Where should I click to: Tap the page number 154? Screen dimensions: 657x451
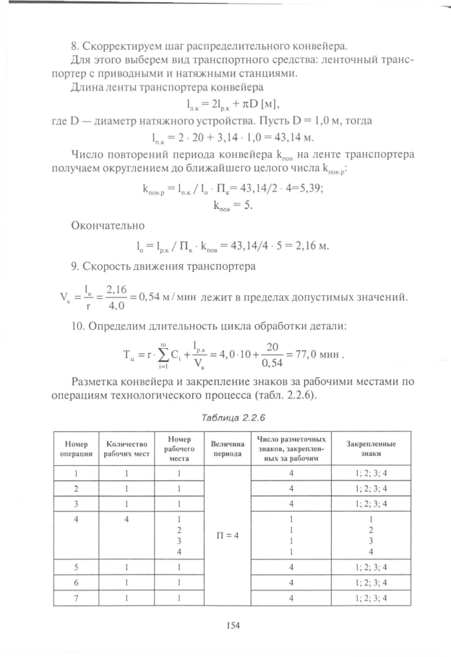(233, 624)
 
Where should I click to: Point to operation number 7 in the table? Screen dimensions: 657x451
(76, 598)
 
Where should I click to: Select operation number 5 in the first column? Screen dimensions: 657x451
(76, 567)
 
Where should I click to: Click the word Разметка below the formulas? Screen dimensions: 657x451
(96, 381)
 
